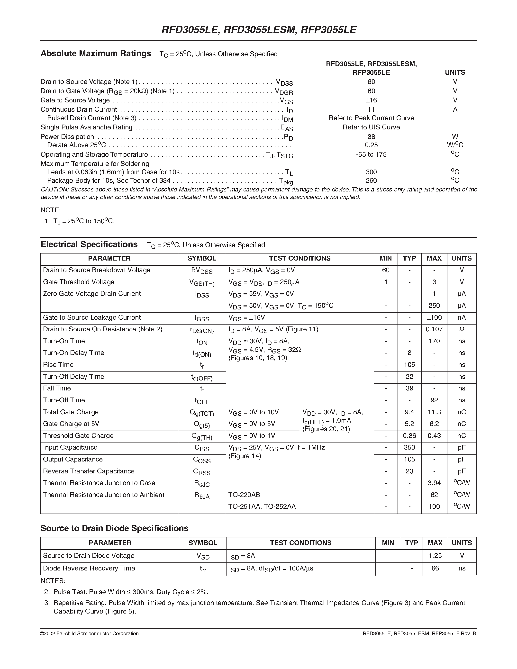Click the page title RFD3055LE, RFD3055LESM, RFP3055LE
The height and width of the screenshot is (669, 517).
(258, 30)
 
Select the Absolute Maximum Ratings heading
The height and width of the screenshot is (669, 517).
(96, 54)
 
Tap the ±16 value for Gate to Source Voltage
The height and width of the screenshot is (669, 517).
(371, 100)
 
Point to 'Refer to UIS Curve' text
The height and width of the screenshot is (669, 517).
(371, 127)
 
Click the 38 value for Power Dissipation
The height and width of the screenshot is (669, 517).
(371, 137)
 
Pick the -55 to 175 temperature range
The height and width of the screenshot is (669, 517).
(371, 154)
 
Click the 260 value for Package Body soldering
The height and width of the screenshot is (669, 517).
(371, 181)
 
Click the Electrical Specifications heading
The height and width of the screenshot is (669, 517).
(89, 244)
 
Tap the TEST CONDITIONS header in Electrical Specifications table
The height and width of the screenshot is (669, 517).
(299, 258)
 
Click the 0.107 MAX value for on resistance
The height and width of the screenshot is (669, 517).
(434, 329)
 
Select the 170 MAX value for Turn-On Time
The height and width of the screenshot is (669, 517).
(434, 341)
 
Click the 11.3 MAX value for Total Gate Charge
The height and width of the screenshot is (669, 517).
(434, 412)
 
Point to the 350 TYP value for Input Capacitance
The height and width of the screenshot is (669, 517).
(409, 448)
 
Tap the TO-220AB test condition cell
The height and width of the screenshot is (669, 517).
(244, 495)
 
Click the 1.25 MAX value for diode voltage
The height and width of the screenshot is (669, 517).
(435, 556)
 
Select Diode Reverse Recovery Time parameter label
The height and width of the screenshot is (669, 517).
(89, 568)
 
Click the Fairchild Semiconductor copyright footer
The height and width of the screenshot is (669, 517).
(90, 633)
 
